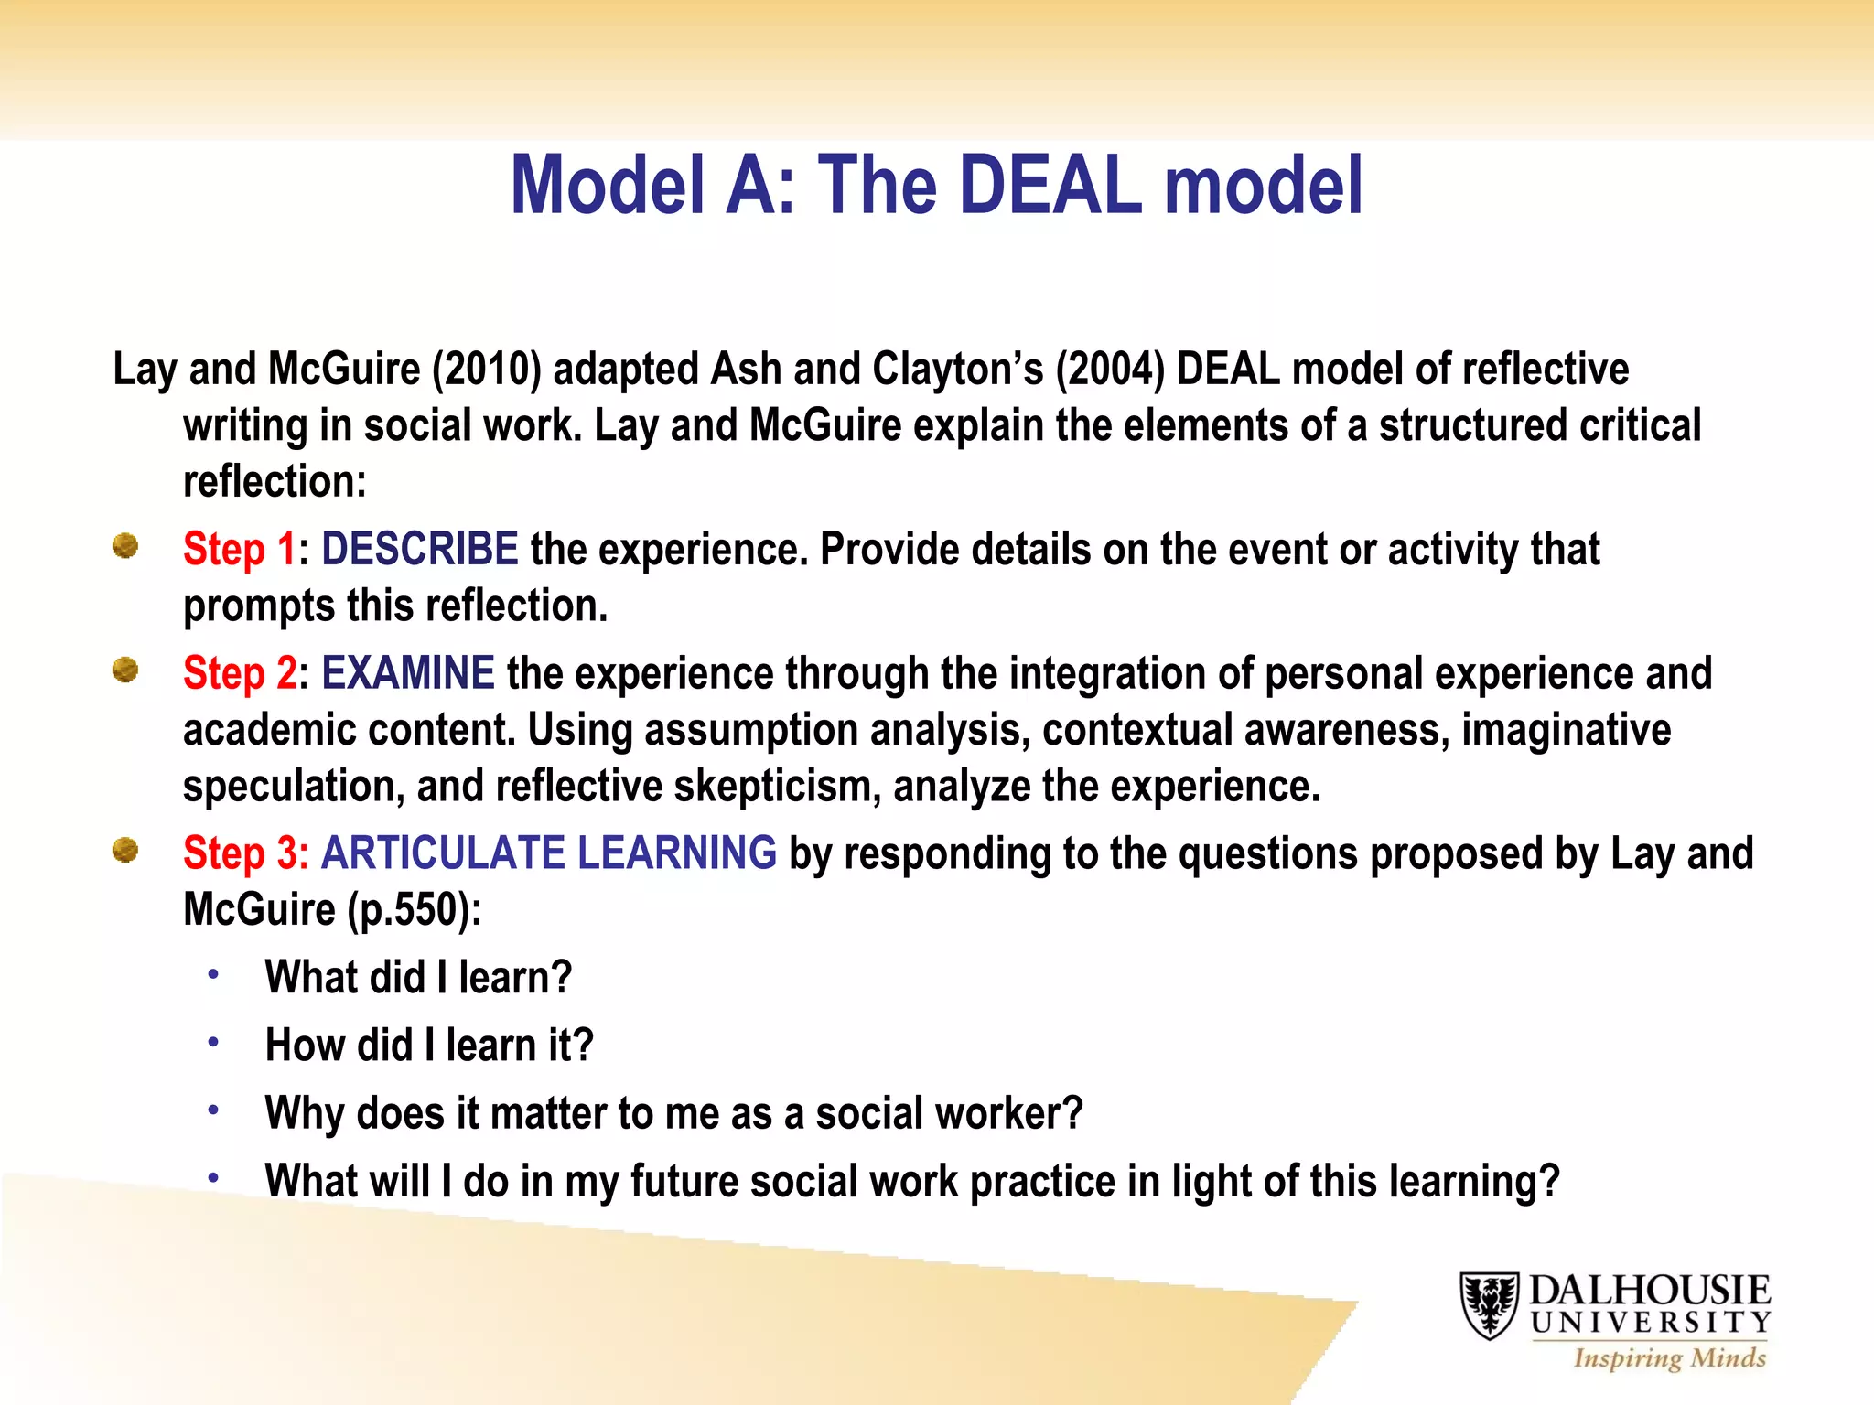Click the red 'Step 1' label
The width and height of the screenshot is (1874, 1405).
[x=239, y=550]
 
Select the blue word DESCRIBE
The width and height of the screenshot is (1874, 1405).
[x=419, y=550]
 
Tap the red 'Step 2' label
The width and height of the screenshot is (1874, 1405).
[x=239, y=674]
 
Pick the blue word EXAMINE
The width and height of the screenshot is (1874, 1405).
[x=407, y=674]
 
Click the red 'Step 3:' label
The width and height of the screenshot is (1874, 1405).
[x=245, y=853]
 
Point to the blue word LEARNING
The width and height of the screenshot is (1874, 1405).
[x=676, y=853]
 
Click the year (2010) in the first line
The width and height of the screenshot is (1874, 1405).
[x=487, y=370]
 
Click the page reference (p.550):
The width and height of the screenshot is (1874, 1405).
[x=414, y=910]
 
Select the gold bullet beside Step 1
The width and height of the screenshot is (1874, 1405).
[x=125, y=546]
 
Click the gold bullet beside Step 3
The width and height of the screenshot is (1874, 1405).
[x=125, y=851]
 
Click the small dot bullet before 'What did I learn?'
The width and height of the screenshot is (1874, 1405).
[x=213, y=974]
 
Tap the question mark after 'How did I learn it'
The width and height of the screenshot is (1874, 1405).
[x=583, y=1046]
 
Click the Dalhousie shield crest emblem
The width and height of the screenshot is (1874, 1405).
[x=1489, y=1305]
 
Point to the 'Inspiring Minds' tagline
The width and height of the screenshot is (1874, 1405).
[x=1669, y=1358]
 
